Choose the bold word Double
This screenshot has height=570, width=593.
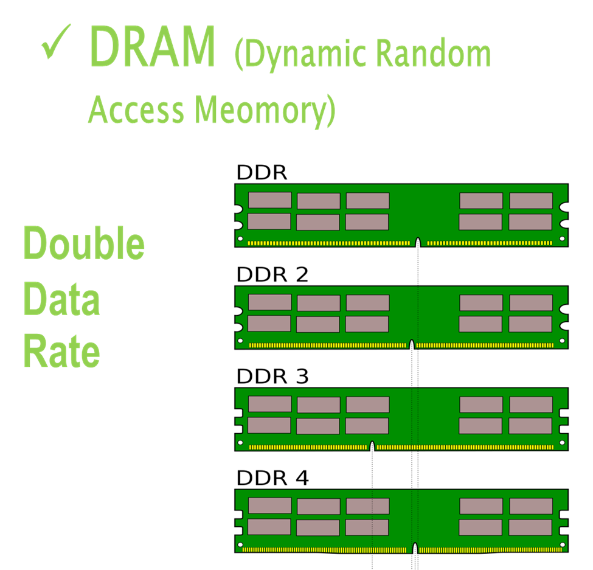click(84, 243)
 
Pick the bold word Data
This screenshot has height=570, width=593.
click(61, 299)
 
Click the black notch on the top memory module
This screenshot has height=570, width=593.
click(418, 242)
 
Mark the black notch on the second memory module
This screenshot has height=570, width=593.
click(412, 344)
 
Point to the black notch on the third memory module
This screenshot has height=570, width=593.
click(372, 446)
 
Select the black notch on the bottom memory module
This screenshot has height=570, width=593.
click(415, 547)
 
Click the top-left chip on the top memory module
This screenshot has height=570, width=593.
click(269, 200)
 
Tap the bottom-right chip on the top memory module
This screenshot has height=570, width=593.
click(530, 222)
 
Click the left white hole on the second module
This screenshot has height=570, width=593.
click(240, 341)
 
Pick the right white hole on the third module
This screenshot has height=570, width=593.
click(562, 442)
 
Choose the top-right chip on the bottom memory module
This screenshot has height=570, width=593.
click(531, 506)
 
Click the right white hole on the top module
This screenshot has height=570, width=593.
click(562, 238)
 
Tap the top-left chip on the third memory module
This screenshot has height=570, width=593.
click(269, 404)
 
